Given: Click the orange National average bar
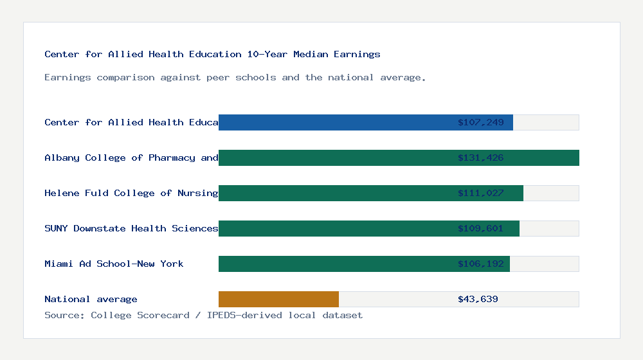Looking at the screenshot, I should coord(278,299).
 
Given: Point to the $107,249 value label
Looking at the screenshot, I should coord(480,122).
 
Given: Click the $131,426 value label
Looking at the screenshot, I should coord(480,157).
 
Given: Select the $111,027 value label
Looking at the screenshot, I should coord(480,193).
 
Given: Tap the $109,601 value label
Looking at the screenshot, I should coord(480,228).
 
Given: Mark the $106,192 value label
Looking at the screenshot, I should coord(480,264).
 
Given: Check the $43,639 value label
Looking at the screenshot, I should coord(478,299).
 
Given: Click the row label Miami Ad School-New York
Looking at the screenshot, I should coord(114,264).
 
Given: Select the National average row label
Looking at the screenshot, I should coord(91,299).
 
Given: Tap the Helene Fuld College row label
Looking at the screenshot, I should coord(131,193).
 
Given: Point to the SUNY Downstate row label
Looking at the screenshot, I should coord(131,228).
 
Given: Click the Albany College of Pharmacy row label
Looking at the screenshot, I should coord(131,157).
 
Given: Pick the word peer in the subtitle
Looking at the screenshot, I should coord(218,77).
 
